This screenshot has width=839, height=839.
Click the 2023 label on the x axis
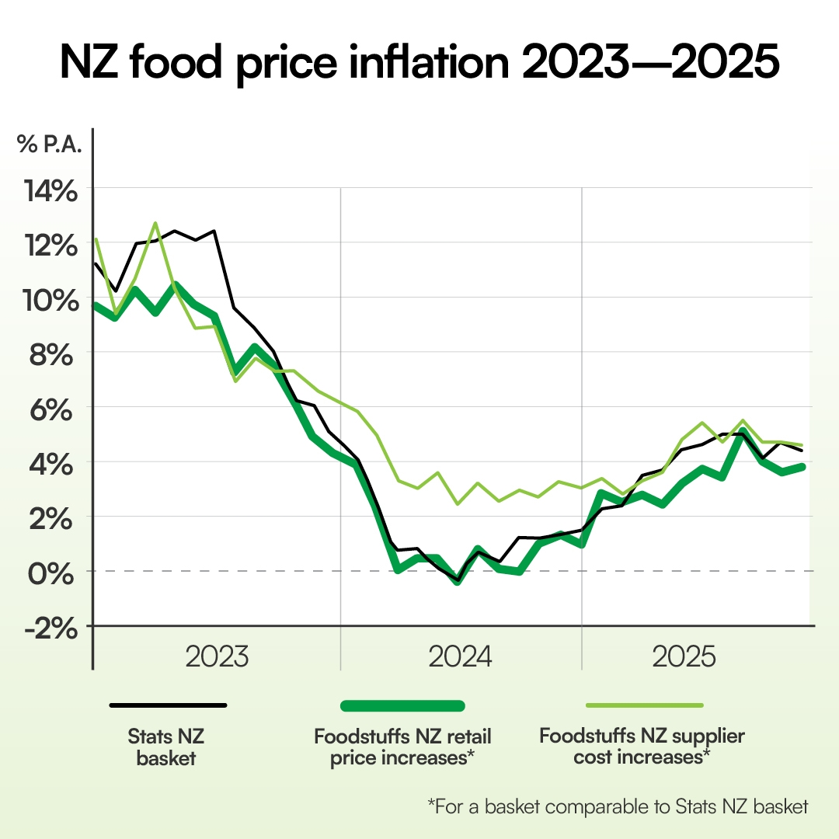pos(217,657)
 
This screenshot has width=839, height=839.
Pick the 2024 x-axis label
pos(460,657)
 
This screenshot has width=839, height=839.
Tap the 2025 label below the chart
pos(684,657)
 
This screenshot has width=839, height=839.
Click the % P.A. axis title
pos(49,145)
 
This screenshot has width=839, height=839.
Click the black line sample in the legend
pos(168,705)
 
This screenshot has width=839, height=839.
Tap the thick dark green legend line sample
pos(402,705)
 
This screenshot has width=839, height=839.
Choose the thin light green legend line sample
pos(644,705)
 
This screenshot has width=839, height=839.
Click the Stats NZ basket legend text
pos(166,746)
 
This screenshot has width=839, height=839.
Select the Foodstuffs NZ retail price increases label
pos(402,746)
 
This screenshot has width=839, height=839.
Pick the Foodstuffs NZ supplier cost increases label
pos(642,746)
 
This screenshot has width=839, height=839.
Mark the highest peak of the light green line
pos(155,223)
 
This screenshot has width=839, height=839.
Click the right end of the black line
pos(802,450)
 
